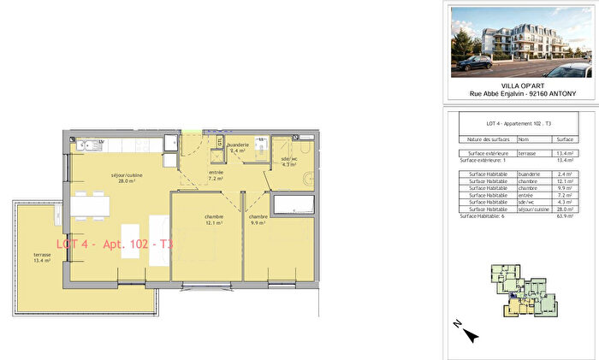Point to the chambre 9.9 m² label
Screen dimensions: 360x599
pyautogui.click(x=259, y=221)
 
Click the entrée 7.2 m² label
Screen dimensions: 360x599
pyautogui.click(x=216, y=175)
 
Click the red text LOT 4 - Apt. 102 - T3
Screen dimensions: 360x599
pyautogui.click(x=115, y=244)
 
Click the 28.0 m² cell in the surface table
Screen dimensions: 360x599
pyautogui.click(x=563, y=209)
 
